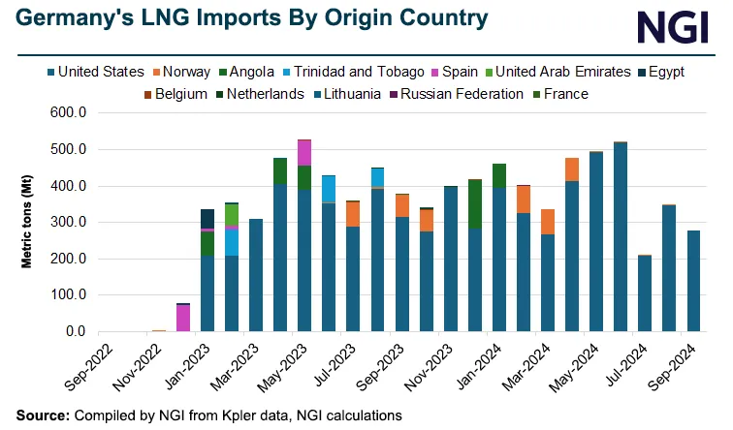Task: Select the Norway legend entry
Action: click(192, 72)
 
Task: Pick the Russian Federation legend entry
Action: click(452, 94)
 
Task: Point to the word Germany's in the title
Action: click(63, 18)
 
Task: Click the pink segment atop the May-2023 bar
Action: click(304, 153)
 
